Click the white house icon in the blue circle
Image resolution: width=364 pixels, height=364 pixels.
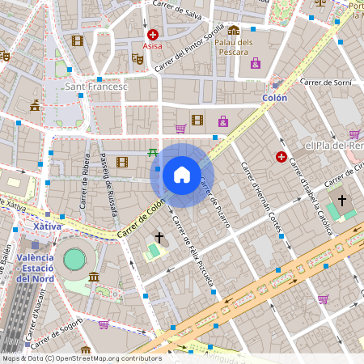click(x=182, y=175)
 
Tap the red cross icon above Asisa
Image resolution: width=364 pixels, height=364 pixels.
click(x=152, y=35)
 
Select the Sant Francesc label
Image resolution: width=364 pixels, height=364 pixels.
click(x=96, y=87)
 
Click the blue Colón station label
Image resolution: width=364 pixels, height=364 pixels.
click(x=275, y=97)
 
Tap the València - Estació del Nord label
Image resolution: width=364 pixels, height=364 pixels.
click(x=35, y=268)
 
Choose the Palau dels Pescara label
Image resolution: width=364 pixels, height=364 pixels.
click(x=235, y=47)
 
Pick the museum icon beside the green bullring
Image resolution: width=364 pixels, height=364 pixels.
click(x=95, y=278)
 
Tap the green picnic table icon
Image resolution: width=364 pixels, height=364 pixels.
click(x=152, y=152)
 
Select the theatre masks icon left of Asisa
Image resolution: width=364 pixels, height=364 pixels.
click(x=137, y=59)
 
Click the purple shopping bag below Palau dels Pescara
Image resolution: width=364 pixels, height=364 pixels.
click(x=256, y=63)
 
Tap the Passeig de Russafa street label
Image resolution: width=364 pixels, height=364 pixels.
click(x=108, y=187)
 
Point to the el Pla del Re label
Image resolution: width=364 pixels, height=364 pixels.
click(x=332, y=146)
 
